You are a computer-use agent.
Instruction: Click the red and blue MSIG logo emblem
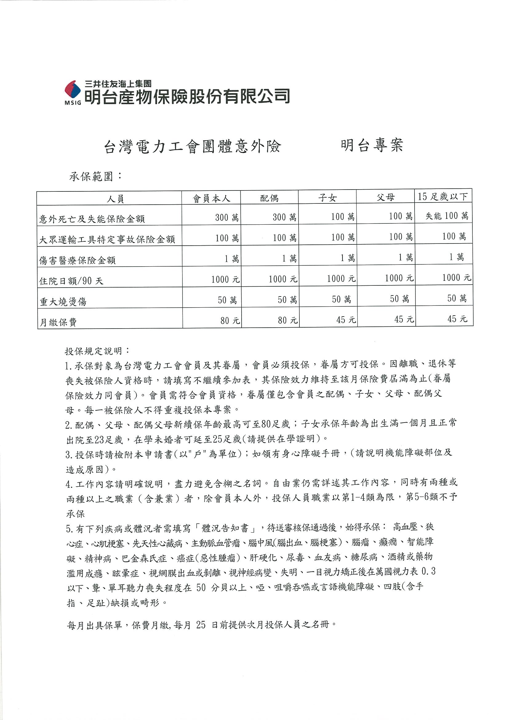(x=73, y=91)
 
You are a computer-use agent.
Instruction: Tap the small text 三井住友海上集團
(x=118, y=84)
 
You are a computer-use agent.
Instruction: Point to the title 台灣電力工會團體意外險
(x=192, y=147)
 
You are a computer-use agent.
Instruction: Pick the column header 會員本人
(x=211, y=198)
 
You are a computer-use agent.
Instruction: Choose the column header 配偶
(x=269, y=198)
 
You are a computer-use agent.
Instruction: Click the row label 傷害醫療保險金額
(x=78, y=260)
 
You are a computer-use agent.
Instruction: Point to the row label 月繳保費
(x=58, y=322)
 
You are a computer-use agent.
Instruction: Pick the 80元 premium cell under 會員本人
(x=230, y=321)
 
